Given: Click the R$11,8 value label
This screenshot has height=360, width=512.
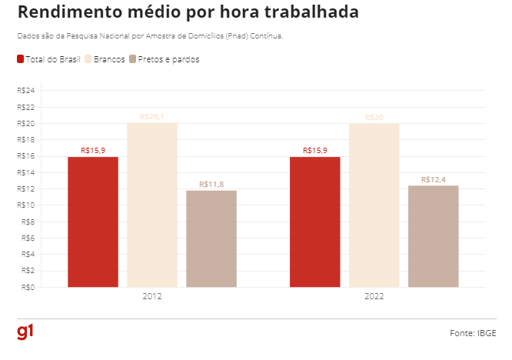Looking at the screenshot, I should point(211,185).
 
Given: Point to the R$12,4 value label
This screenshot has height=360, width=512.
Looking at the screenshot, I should point(434,179).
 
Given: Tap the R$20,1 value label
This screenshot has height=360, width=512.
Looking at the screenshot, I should point(152,117).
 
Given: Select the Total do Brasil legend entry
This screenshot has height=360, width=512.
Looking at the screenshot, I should point(48,60).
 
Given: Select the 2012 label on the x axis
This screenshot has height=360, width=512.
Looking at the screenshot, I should point(152,296).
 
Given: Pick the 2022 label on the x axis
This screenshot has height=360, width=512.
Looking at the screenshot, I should point(374,296).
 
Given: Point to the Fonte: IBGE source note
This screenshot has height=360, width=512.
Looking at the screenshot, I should point(473,333).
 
